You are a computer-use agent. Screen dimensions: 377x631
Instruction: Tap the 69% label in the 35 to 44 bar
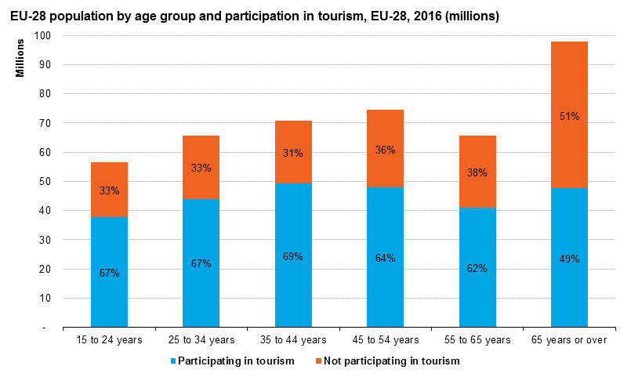293,256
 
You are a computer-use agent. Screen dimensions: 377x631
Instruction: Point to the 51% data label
569,117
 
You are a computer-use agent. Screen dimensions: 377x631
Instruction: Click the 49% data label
569,259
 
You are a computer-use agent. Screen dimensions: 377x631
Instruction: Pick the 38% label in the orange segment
477,172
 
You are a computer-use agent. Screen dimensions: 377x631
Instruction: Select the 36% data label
385,150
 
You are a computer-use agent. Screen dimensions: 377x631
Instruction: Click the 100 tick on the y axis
42,35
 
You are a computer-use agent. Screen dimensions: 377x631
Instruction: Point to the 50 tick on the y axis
45,181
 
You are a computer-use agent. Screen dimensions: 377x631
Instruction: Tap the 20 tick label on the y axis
45,269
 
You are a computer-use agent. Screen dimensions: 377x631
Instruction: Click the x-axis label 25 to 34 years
201,340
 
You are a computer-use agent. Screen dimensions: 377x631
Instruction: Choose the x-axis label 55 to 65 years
477,340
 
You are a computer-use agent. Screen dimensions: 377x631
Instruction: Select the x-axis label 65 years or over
569,340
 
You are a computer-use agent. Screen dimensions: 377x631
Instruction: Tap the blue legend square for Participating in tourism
172,361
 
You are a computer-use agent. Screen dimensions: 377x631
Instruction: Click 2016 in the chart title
415,16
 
